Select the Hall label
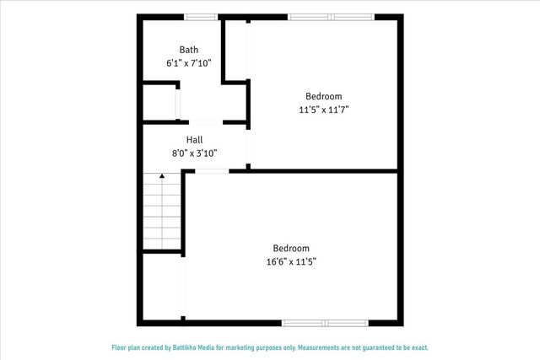pyautogui.click(x=194, y=140)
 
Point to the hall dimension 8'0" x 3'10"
pyautogui.click(x=194, y=153)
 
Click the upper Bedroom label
pyautogui.click(x=324, y=96)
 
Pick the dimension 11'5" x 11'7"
pyautogui.click(x=324, y=110)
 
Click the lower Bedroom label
pyautogui.click(x=290, y=248)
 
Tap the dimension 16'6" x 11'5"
pyautogui.click(x=290, y=261)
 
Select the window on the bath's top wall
pyautogui.click(x=200, y=16)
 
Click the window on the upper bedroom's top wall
pyautogui.click(x=331, y=16)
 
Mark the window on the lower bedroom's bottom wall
pyautogui.click(x=324, y=322)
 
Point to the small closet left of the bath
pyautogui.click(x=159, y=103)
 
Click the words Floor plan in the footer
pyautogui.click(x=131, y=347)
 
